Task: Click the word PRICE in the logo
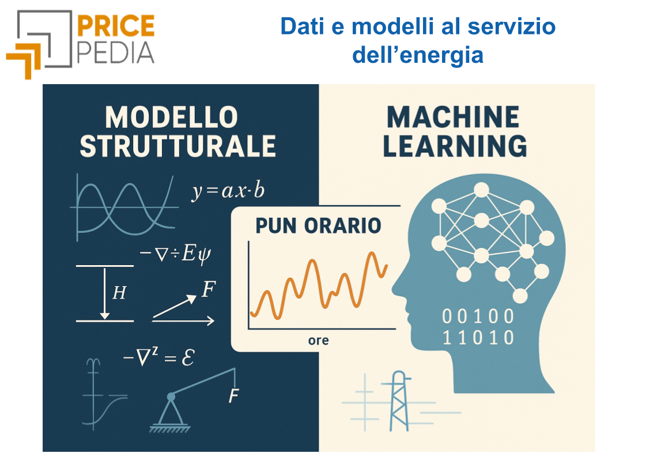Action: [116, 26]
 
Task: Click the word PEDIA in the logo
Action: [116, 53]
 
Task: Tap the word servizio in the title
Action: [512, 27]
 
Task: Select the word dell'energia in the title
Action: [418, 55]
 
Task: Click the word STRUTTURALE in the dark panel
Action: [178, 146]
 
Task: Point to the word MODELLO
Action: [171, 117]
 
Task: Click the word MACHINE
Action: [453, 117]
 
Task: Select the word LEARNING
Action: [455, 146]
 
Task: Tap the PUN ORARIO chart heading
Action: [319, 226]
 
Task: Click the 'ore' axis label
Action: [319, 341]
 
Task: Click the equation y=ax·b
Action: [228, 191]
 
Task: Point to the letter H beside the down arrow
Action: [119, 293]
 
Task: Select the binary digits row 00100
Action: [478, 316]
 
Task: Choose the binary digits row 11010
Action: [478, 338]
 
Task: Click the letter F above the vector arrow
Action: [209, 289]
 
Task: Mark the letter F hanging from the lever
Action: [234, 396]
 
